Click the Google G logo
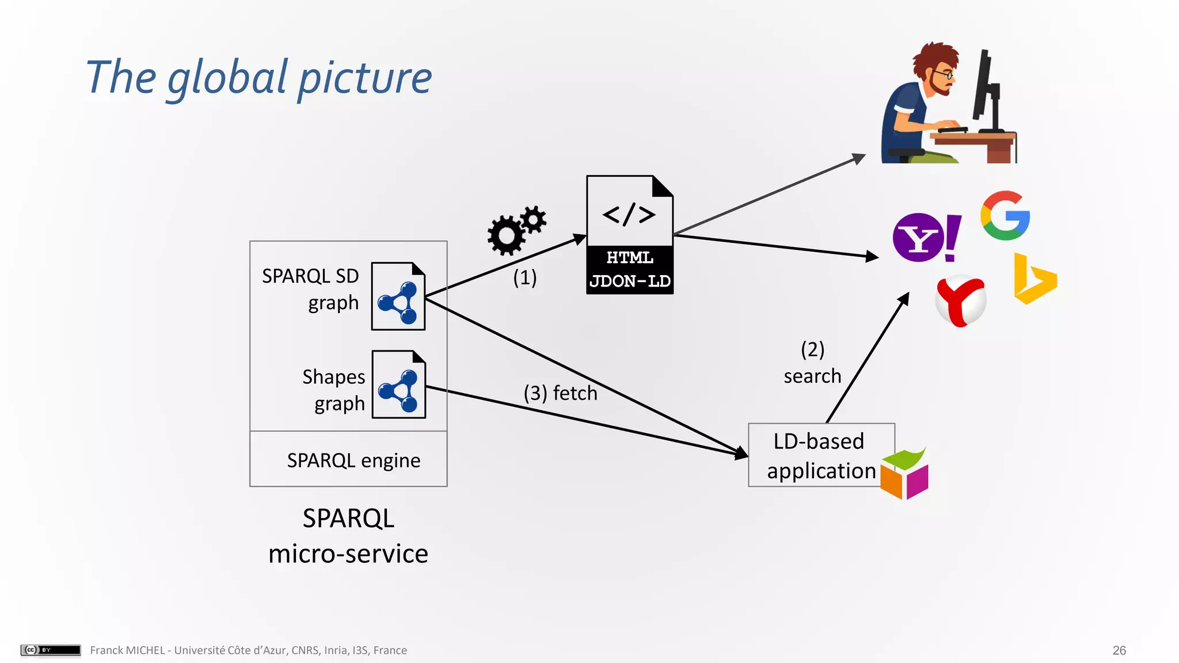(1005, 216)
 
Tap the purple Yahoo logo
(920, 238)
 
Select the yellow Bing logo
(1034, 280)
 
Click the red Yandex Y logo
(960, 301)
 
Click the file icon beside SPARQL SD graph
(398, 296)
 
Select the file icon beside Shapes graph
(398, 384)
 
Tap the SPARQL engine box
(348, 460)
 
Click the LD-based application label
(819, 456)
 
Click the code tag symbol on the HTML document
(629, 215)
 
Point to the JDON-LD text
(630, 281)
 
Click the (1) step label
(524, 277)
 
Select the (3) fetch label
(560, 393)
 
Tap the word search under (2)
(812, 376)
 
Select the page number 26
(1119, 650)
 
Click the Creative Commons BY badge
(51, 650)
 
